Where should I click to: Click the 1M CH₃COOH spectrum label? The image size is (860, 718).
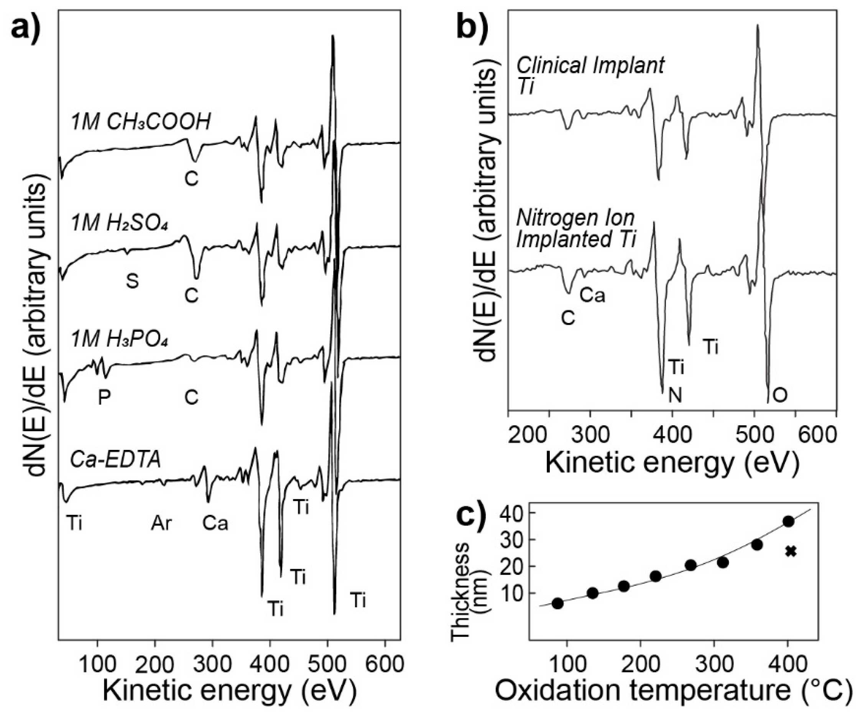(140, 122)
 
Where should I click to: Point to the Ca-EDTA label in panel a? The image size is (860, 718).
(115, 459)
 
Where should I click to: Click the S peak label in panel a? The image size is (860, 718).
(132, 282)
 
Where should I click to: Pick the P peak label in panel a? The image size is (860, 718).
(104, 397)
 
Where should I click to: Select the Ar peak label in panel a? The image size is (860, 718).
(161, 524)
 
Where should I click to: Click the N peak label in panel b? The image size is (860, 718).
(675, 396)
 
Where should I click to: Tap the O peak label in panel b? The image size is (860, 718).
(780, 396)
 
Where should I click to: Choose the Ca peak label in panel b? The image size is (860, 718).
(592, 295)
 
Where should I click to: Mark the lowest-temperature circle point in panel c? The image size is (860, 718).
(558, 603)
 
